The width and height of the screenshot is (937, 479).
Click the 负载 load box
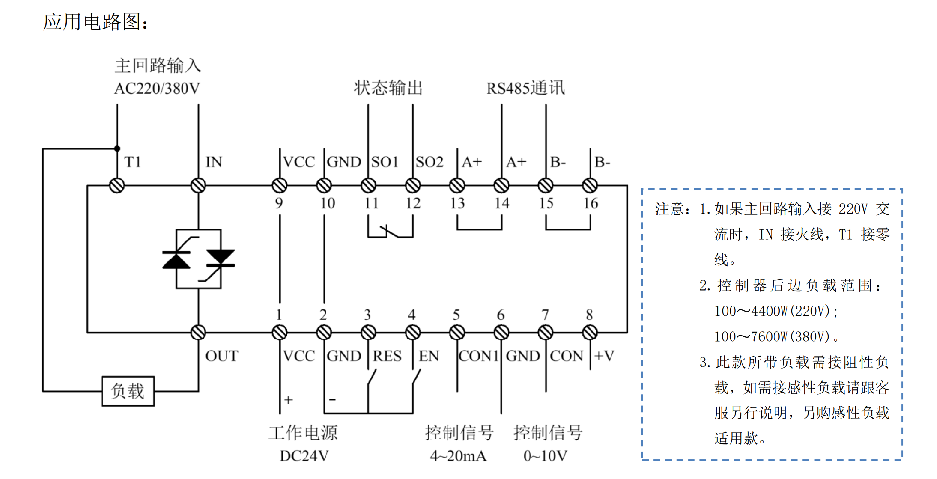pyautogui.click(x=128, y=391)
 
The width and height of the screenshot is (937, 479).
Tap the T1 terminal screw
pyautogui.click(x=117, y=186)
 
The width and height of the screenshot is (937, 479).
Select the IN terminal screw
pyautogui.click(x=198, y=186)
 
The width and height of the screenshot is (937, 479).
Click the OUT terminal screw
pyautogui.click(x=198, y=333)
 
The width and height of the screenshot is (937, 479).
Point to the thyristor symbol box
pyautogui.click(x=198, y=259)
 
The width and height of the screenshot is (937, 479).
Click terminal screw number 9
pyautogui.click(x=280, y=186)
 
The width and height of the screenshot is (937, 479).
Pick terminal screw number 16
pyautogui.click(x=590, y=186)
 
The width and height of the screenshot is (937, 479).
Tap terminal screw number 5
pyautogui.click(x=457, y=333)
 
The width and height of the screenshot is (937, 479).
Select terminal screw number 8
pyautogui.click(x=590, y=333)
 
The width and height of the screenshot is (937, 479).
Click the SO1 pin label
pyautogui.click(x=385, y=162)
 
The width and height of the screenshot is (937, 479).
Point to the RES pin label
pyautogui.click(x=387, y=356)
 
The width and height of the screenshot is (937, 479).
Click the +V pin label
pyautogui.click(x=604, y=356)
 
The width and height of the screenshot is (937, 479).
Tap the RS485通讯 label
pyautogui.click(x=525, y=88)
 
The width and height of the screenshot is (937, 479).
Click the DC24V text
pyautogui.click(x=304, y=456)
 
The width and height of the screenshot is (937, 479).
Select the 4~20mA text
pyautogui.click(x=458, y=456)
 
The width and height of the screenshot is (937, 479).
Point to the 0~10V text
pyautogui.click(x=545, y=456)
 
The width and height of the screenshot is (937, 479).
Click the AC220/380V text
pyautogui.click(x=157, y=89)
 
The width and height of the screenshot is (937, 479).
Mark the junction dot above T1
pyautogui.click(x=117, y=149)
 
